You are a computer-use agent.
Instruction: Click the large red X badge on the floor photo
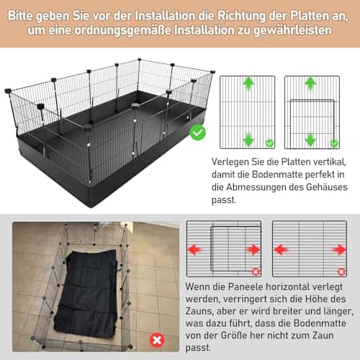pos(156,340)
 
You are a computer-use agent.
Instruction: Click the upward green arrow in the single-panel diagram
pos(248,84)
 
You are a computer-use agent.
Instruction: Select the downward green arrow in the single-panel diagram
pos(248,139)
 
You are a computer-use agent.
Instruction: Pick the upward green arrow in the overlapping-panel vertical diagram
pos(311,84)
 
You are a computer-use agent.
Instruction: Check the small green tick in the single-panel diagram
pos(269,143)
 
